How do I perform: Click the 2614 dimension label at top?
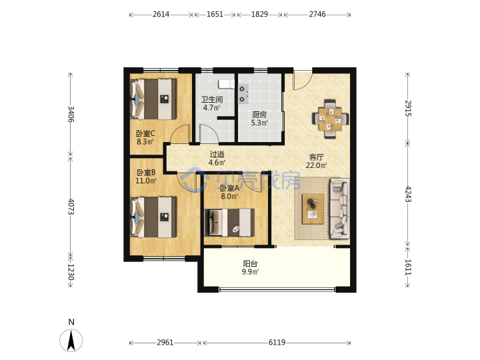point(161,15)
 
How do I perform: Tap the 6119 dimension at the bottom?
point(277,342)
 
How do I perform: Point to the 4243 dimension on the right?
point(408,194)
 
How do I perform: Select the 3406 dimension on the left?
point(71,114)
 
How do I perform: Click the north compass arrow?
point(71,340)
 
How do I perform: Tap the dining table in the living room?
point(330,119)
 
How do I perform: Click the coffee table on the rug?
point(313,209)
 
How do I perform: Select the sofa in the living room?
point(339,209)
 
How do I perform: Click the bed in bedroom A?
point(229,223)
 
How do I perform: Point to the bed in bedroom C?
point(154,99)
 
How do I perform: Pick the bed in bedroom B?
point(154,217)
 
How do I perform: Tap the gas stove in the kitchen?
point(244,94)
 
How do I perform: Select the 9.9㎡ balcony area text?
point(250,272)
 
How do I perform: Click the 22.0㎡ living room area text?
point(316,165)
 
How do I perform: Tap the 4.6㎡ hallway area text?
point(217,163)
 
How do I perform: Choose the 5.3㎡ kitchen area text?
point(259,123)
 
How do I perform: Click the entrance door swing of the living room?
point(303,80)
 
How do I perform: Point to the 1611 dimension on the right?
point(408,267)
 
